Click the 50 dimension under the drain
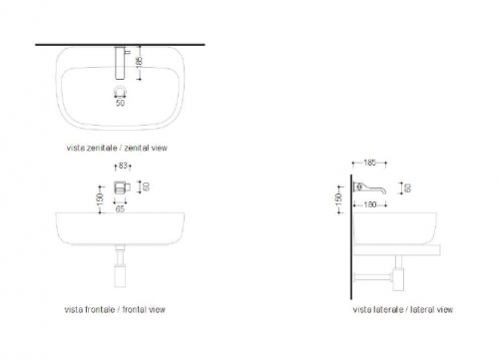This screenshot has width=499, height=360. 120,103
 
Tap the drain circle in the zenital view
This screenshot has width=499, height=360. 120,88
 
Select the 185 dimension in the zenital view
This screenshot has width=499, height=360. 140,62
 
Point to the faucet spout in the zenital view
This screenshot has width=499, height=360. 120,63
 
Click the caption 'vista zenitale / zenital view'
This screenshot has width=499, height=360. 117,148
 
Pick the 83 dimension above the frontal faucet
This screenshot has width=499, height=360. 123,166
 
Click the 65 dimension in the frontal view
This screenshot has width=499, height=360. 120,208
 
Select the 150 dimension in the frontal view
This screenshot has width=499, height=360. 100,198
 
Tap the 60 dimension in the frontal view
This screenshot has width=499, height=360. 146,186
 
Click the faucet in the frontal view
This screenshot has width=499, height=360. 122,187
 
